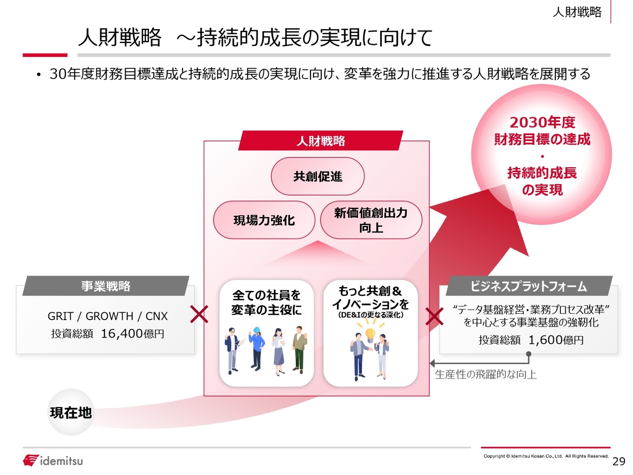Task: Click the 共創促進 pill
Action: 317,176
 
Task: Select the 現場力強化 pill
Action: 264,220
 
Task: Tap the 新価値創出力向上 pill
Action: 371,220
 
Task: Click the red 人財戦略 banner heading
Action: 320,141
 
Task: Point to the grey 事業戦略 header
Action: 106,286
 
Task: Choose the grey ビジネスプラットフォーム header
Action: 529,286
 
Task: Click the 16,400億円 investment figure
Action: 133,333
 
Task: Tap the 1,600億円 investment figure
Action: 556,340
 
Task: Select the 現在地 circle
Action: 71,412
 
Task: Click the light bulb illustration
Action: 370,333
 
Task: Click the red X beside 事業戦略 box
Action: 199,314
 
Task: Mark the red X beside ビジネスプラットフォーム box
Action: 434,317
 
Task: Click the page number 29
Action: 619,461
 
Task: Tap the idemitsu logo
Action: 53,460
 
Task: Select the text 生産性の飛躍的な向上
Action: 486,375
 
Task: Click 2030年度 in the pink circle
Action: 542,122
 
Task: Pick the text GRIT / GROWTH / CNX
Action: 107,316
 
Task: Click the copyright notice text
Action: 546,456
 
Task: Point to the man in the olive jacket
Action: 299,349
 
